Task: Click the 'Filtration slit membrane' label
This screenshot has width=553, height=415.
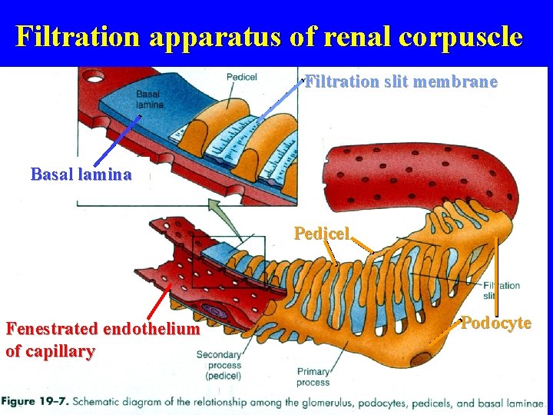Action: (401, 81)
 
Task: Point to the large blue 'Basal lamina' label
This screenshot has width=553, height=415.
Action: (81, 174)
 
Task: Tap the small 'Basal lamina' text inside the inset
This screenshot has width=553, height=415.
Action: (150, 99)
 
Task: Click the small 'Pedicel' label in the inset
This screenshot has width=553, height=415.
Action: (242, 77)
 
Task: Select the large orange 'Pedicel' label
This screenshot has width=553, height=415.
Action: (322, 233)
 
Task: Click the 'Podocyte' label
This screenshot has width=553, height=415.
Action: (496, 323)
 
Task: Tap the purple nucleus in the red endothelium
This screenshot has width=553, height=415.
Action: (213, 312)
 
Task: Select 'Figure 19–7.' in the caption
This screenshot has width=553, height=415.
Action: (35, 402)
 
